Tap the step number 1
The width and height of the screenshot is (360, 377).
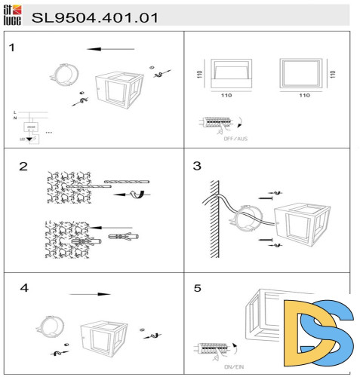pos(12,48)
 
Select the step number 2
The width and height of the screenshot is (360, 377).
pos(23,167)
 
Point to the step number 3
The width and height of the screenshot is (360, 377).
pos(197,167)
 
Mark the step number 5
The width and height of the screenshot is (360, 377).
pos(197,287)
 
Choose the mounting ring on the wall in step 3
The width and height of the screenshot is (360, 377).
pos(247,222)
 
